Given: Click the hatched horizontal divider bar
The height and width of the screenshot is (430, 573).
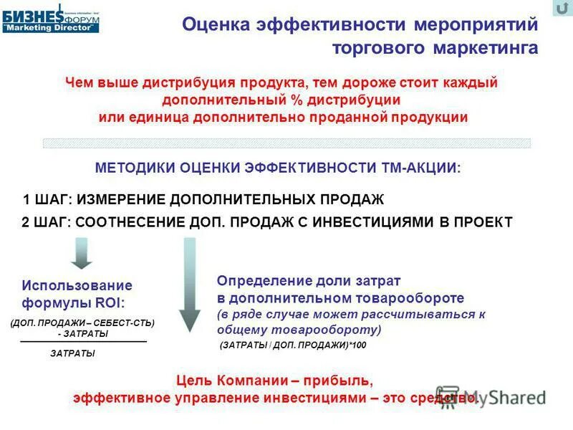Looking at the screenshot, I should click(x=286, y=143).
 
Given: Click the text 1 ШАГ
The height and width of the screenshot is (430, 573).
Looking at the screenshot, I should click(x=44, y=199).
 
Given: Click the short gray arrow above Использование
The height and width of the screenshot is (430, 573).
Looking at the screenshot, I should click(x=81, y=252).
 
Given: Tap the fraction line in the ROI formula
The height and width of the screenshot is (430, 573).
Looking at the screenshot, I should click(x=83, y=342).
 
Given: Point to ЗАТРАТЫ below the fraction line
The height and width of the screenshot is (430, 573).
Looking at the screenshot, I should click(x=73, y=353).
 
